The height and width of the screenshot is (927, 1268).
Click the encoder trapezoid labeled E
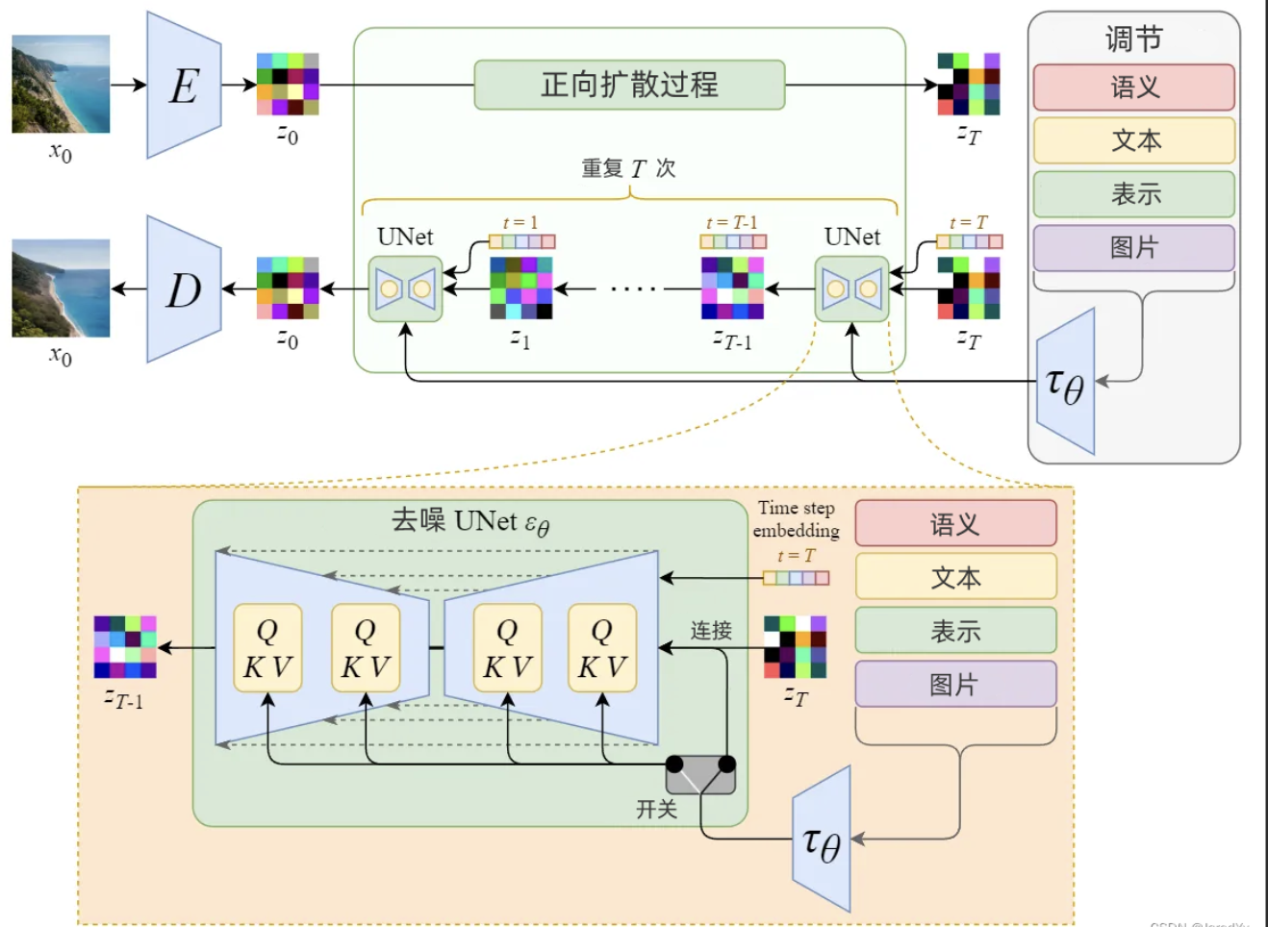pos(184,86)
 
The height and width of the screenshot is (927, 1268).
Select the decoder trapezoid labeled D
pos(184,289)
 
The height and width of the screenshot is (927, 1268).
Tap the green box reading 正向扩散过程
pos(629,85)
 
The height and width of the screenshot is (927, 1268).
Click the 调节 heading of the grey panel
pos(1133,39)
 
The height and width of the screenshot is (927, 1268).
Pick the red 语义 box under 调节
pos(1133,88)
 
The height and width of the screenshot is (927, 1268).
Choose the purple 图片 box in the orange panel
pos(955,684)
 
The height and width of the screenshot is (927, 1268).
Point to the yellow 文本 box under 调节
pos(1133,140)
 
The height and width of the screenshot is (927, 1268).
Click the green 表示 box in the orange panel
pos(955,631)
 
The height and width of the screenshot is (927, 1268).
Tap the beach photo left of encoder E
pos(61,85)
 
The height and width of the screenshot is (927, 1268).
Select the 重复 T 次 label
pos(628,169)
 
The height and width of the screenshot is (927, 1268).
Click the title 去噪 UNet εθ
pos(469,522)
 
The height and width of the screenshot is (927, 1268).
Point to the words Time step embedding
pos(796,519)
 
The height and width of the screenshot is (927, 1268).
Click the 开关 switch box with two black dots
pos(700,774)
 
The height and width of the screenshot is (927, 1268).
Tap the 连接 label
pos(711,631)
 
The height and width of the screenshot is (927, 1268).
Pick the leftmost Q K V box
pos(267,648)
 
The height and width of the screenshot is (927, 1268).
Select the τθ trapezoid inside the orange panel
pos(823,839)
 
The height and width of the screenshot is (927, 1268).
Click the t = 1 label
pos(520,223)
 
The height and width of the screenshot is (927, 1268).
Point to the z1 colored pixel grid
pos(520,288)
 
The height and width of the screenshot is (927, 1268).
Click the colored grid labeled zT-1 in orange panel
pos(125,647)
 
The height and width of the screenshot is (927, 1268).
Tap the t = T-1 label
pos(731,223)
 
